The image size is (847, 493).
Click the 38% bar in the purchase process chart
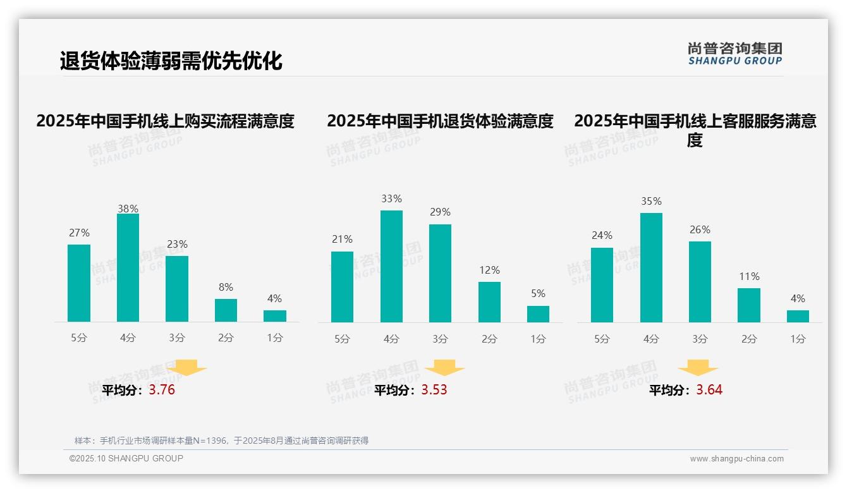tap(128, 268)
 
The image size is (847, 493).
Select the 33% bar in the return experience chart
tap(391, 266)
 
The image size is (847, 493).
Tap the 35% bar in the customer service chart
tap(651, 267)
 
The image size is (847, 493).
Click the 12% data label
tap(489, 270)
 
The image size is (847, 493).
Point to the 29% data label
tap(440, 212)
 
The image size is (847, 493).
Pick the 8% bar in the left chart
tap(226, 310)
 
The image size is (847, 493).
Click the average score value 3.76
tap(162, 390)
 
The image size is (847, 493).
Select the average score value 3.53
tap(434, 390)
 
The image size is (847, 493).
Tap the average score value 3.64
tap(709, 390)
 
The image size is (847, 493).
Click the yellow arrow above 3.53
tap(444, 368)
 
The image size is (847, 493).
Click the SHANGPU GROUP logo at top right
tap(735, 54)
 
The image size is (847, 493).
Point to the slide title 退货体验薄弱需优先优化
tap(171, 61)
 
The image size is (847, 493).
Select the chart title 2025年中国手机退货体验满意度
tap(440, 121)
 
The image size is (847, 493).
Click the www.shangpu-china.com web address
tap(736, 459)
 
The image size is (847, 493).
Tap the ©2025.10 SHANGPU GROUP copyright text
tap(126, 458)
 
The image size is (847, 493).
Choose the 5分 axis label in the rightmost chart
tap(602, 339)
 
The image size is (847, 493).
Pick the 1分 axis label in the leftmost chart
tap(275, 338)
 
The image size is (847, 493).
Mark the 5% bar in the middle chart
tap(538, 314)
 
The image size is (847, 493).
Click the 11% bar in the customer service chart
tap(749, 305)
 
